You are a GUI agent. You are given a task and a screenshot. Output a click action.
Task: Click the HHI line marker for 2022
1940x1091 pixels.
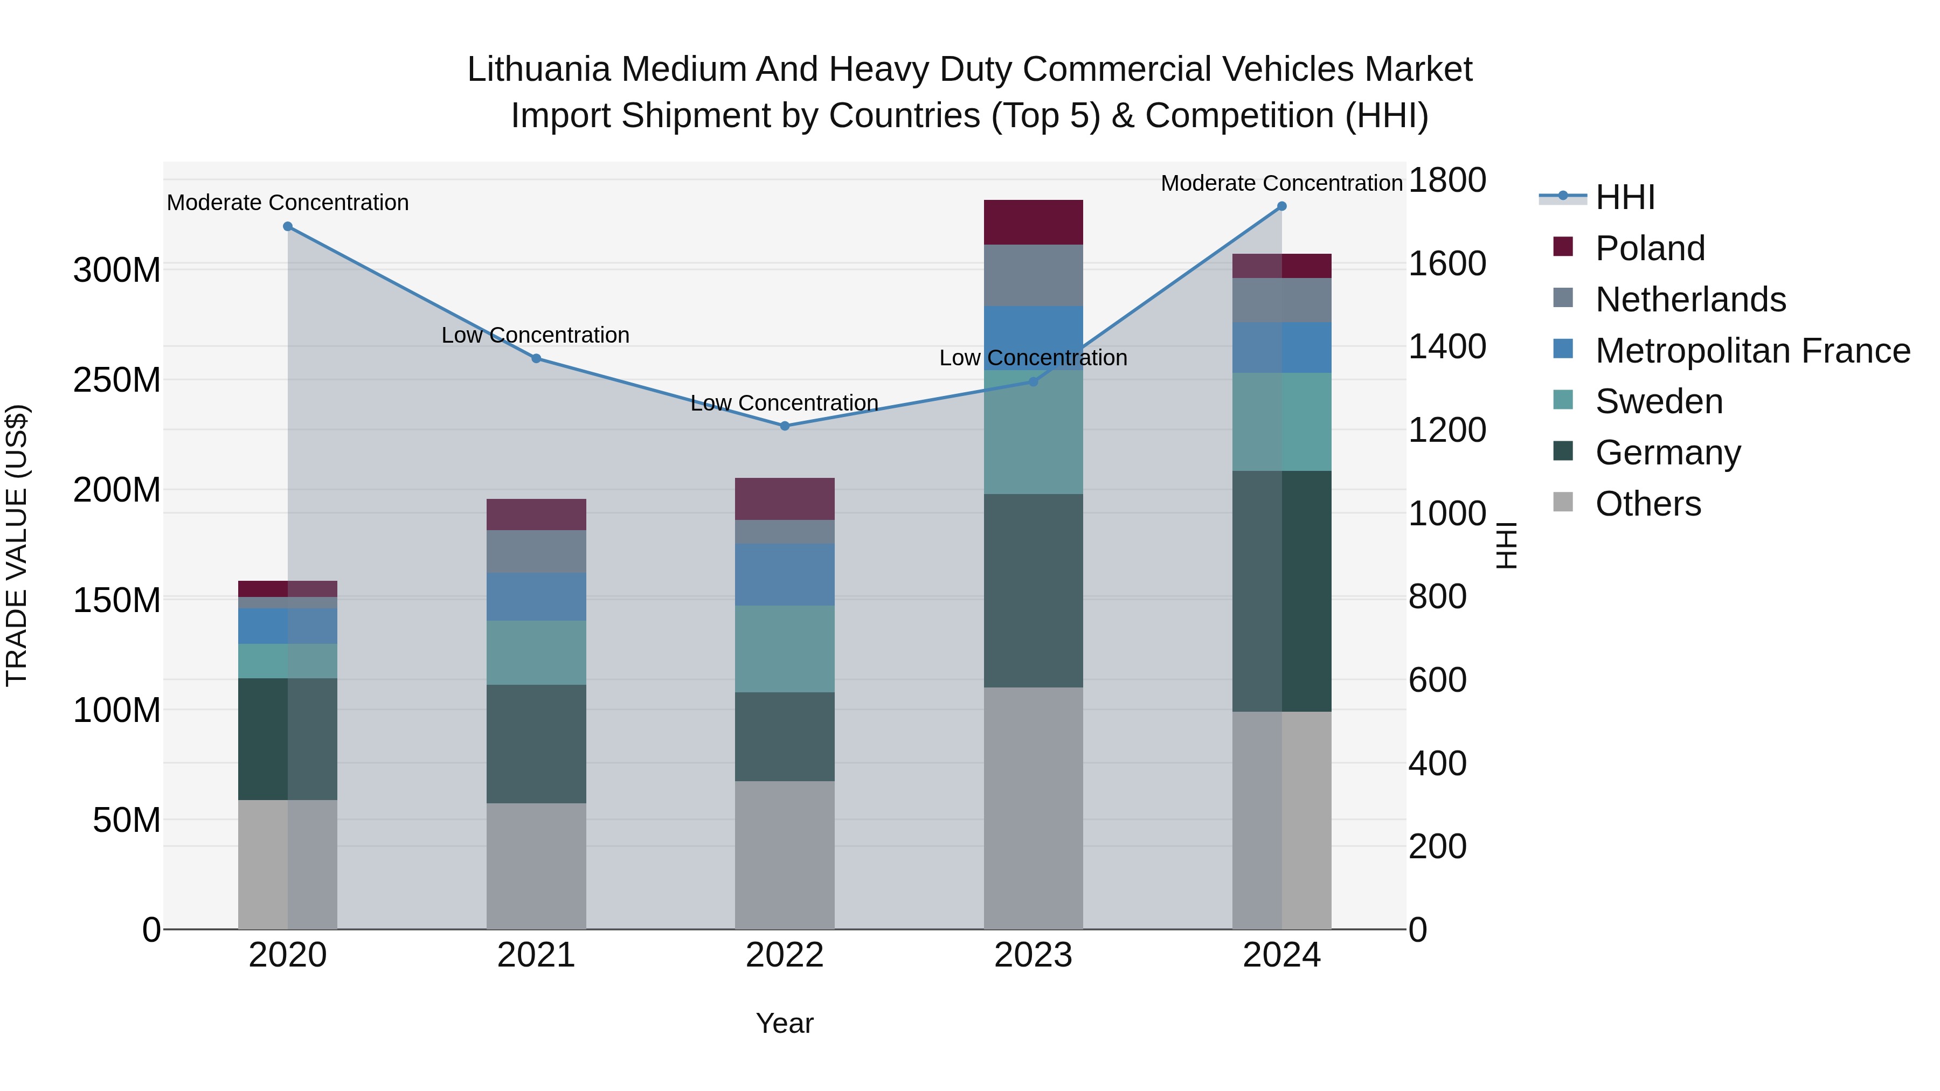(784, 426)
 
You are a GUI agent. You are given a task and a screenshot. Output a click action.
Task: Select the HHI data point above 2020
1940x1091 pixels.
(288, 227)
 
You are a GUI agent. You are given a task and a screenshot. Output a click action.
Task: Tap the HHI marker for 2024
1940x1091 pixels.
(1282, 206)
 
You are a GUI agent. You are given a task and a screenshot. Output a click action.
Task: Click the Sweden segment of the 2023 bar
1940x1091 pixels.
(1033, 432)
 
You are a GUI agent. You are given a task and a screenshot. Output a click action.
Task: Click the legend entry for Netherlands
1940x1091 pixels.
(1689, 300)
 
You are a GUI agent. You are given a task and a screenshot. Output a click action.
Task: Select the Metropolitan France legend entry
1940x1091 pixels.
(1752, 351)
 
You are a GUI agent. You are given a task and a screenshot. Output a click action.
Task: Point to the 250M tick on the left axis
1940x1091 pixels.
(117, 380)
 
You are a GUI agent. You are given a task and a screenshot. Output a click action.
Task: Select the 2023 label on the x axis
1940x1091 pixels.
(1033, 955)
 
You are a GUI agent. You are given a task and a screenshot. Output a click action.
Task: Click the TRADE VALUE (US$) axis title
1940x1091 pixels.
(17, 545)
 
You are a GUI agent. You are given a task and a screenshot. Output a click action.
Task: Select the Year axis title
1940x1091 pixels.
(784, 1023)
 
